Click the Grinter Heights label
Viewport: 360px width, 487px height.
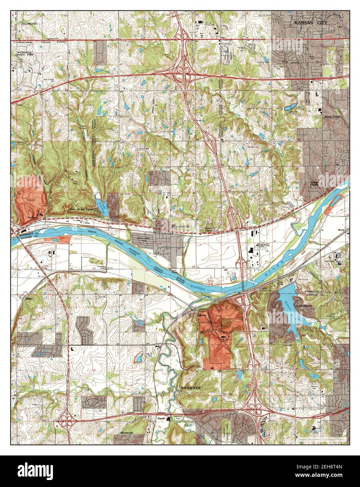314,184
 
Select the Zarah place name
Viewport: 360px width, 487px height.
161,418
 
